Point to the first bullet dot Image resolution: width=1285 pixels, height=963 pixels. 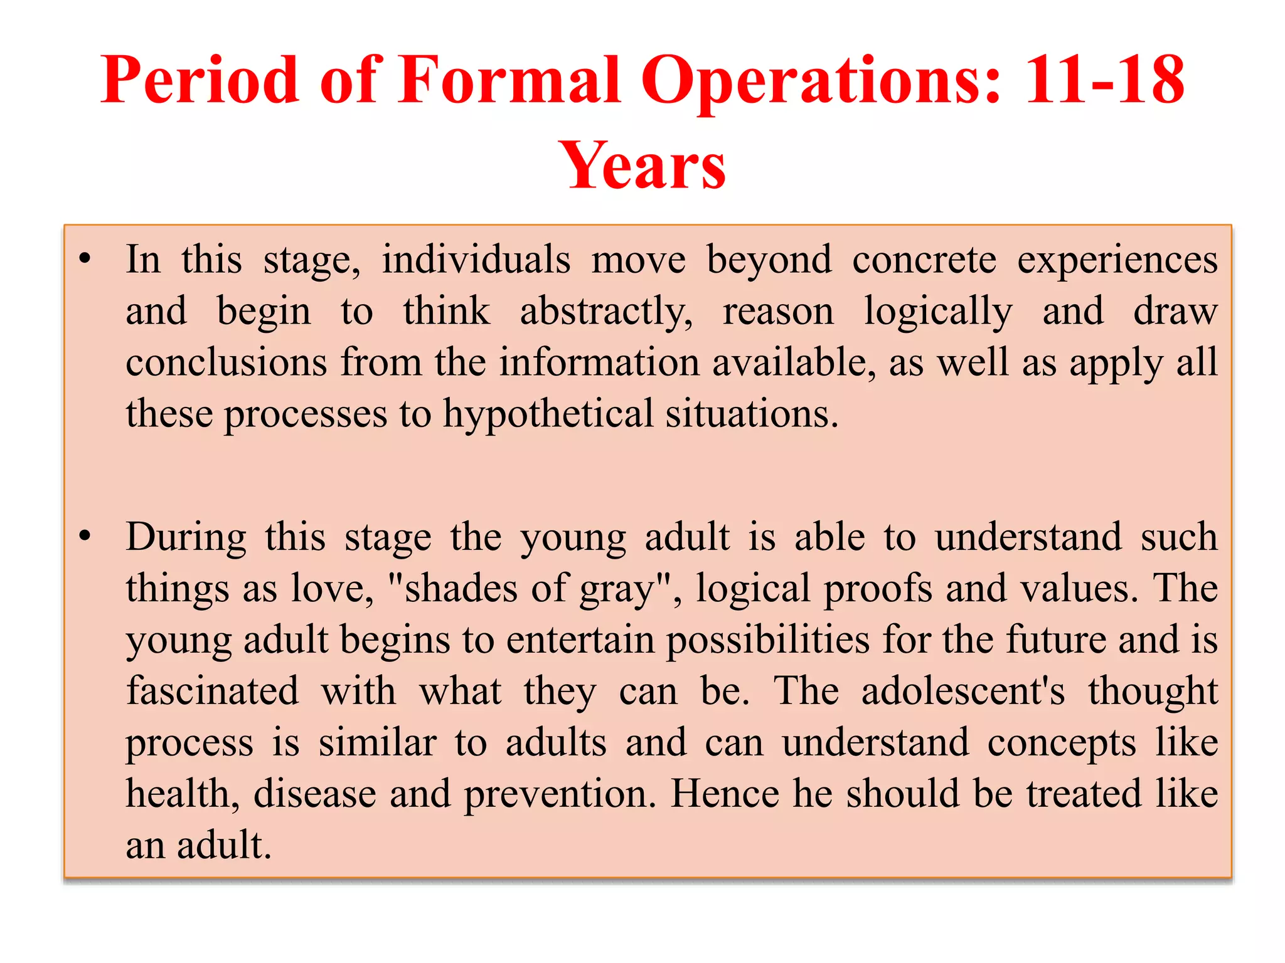[85, 258]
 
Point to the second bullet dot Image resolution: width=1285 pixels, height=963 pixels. [85, 536]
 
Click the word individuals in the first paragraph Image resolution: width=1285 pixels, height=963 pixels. [476, 260]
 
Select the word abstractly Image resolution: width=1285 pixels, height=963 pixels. [606, 312]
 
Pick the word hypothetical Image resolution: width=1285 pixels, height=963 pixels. [548, 414]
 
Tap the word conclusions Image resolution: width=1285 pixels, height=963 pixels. [227, 363]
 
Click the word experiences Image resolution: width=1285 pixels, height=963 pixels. [1117, 260]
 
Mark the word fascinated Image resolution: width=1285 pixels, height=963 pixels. [212, 691]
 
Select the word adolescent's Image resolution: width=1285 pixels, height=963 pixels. [962, 691]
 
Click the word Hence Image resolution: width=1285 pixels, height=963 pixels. [725, 794]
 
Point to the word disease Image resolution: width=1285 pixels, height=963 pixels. [314, 794]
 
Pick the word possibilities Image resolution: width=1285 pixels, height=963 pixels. [767, 640]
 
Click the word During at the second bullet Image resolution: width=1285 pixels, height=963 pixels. [186, 537]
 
